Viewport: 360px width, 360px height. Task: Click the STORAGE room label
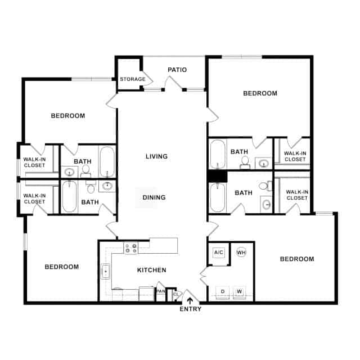pyautogui.click(x=132, y=79)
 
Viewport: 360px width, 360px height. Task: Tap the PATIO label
pyautogui.click(x=177, y=70)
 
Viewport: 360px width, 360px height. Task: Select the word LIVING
pyautogui.click(x=156, y=156)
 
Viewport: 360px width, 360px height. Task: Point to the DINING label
pyautogui.click(x=154, y=197)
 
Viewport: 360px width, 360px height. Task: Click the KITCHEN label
pyautogui.click(x=152, y=270)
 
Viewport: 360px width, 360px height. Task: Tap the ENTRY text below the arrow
pyautogui.click(x=190, y=309)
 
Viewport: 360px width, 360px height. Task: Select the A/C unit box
pyautogui.click(x=219, y=253)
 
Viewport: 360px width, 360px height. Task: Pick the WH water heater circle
pyautogui.click(x=241, y=253)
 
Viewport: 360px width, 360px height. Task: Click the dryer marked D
pyautogui.click(x=223, y=291)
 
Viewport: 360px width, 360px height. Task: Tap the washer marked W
pyautogui.click(x=240, y=291)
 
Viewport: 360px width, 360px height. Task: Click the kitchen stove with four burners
pyautogui.click(x=130, y=247)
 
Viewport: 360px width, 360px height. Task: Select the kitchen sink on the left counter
pyautogui.click(x=105, y=272)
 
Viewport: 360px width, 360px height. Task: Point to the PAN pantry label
pyautogui.click(x=161, y=291)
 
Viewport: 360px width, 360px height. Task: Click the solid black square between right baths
pyautogui.click(x=216, y=175)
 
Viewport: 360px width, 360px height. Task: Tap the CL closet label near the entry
pyautogui.click(x=175, y=294)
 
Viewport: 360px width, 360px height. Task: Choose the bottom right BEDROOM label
pyautogui.click(x=296, y=259)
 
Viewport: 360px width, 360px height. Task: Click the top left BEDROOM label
pyautogui.click(x=68, y=116)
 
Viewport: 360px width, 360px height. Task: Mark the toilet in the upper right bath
pyautogui.click(x=245, y=162)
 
